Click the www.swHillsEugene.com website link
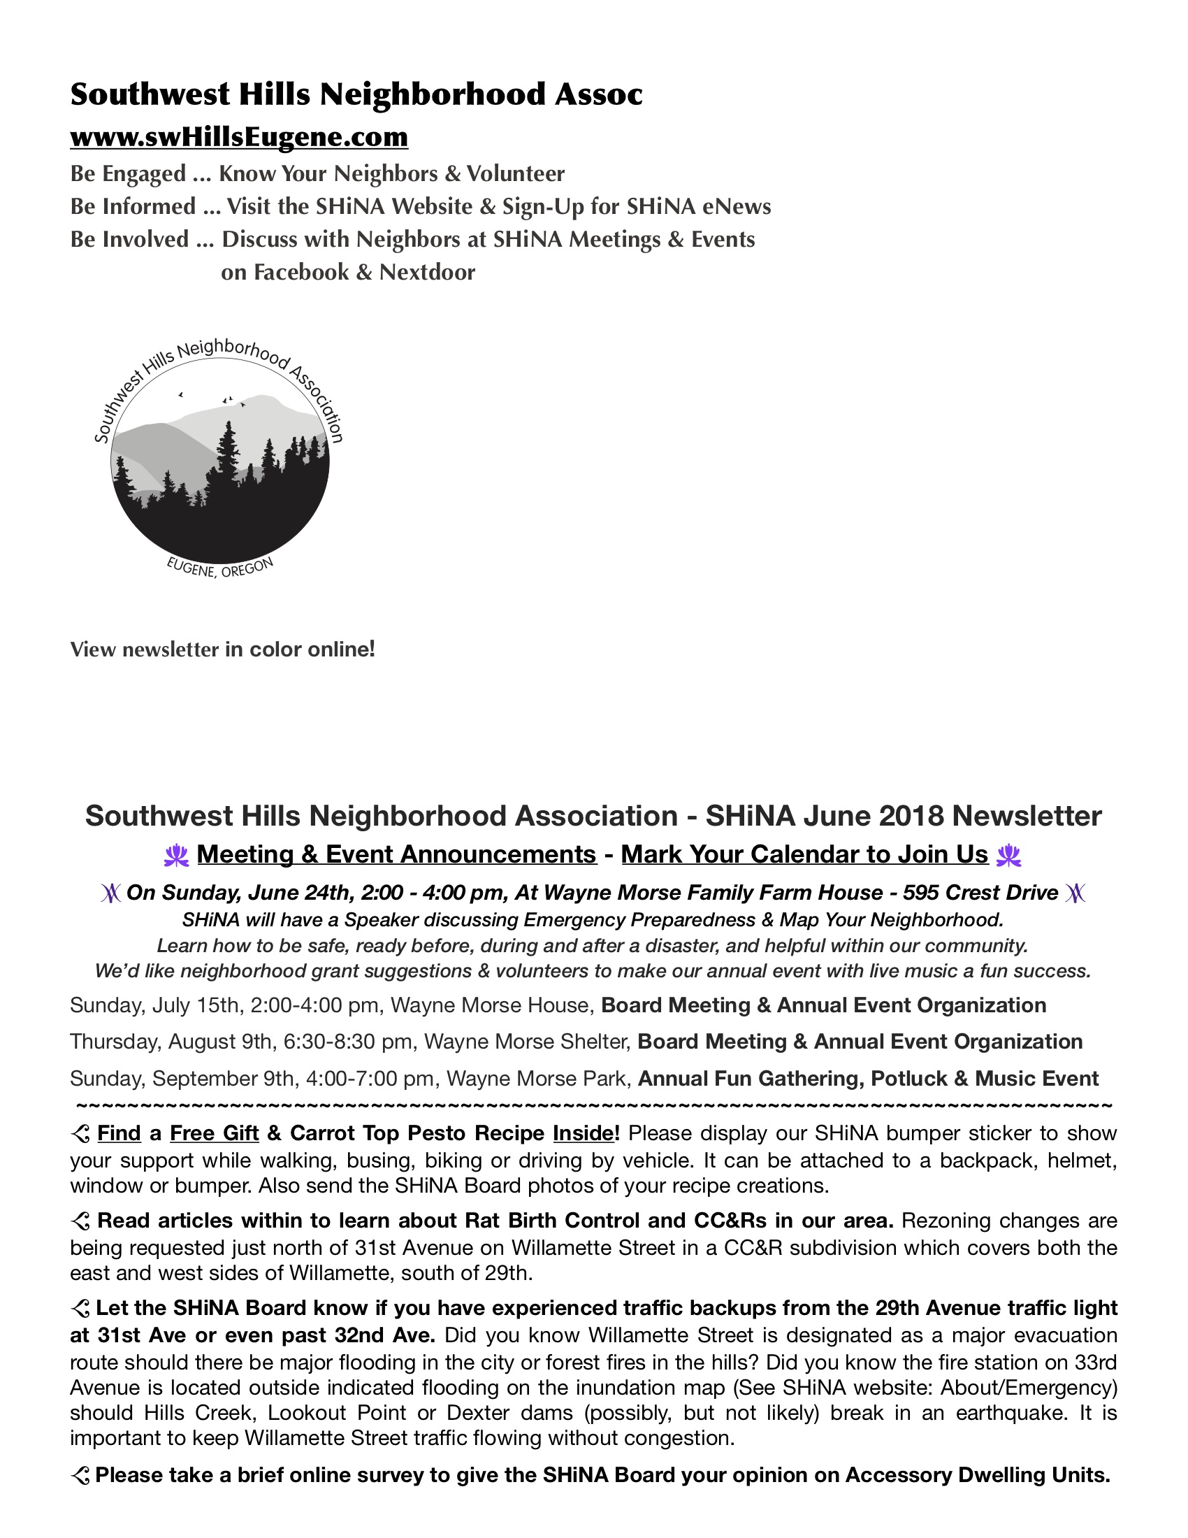tap(238, 136)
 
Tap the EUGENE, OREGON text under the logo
tap(219, 568)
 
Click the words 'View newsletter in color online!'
tap(222, 649)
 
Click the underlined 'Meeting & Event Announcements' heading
tap(396, 854)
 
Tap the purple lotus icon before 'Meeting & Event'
tap(176, 856)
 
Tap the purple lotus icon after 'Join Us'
tap(1008, 856)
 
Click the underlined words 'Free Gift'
tap(214, 1133)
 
